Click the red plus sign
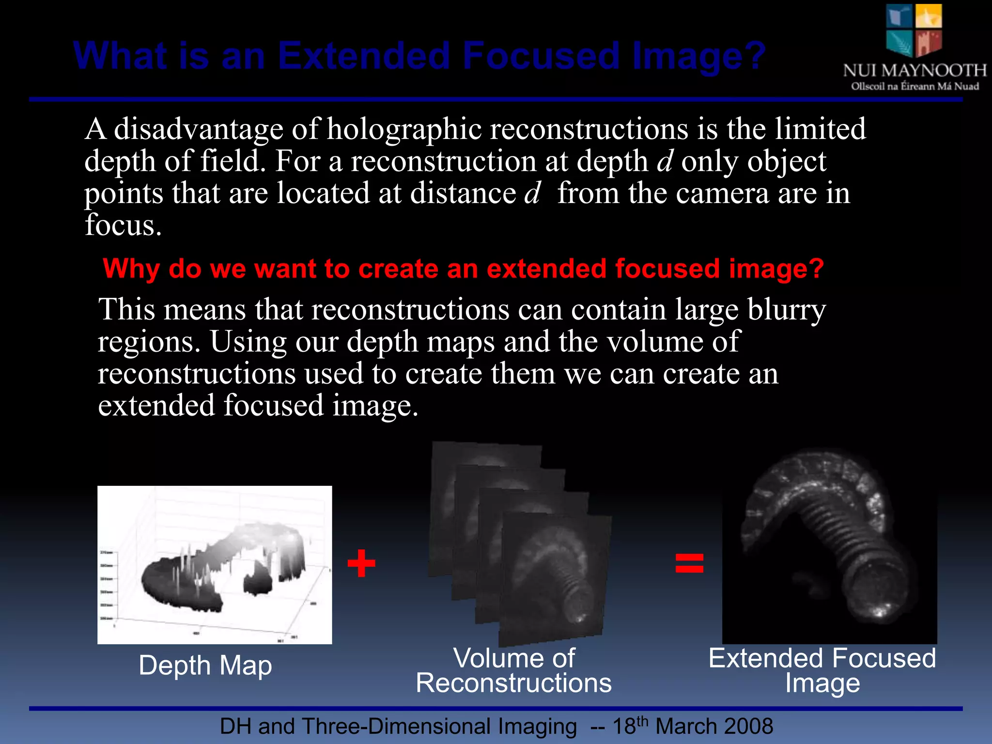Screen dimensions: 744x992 361,563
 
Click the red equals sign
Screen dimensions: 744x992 689,563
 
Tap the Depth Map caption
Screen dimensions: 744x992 205,666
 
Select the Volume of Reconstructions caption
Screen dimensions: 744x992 513,671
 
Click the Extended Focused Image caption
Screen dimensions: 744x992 822,671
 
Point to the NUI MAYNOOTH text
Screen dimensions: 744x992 914,71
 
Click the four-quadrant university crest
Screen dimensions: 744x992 914,30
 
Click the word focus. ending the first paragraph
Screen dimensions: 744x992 123,226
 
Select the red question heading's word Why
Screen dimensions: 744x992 131,269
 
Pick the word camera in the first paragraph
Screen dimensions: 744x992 722,194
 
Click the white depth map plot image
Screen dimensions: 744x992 215,565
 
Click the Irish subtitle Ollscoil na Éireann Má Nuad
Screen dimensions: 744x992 914,87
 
